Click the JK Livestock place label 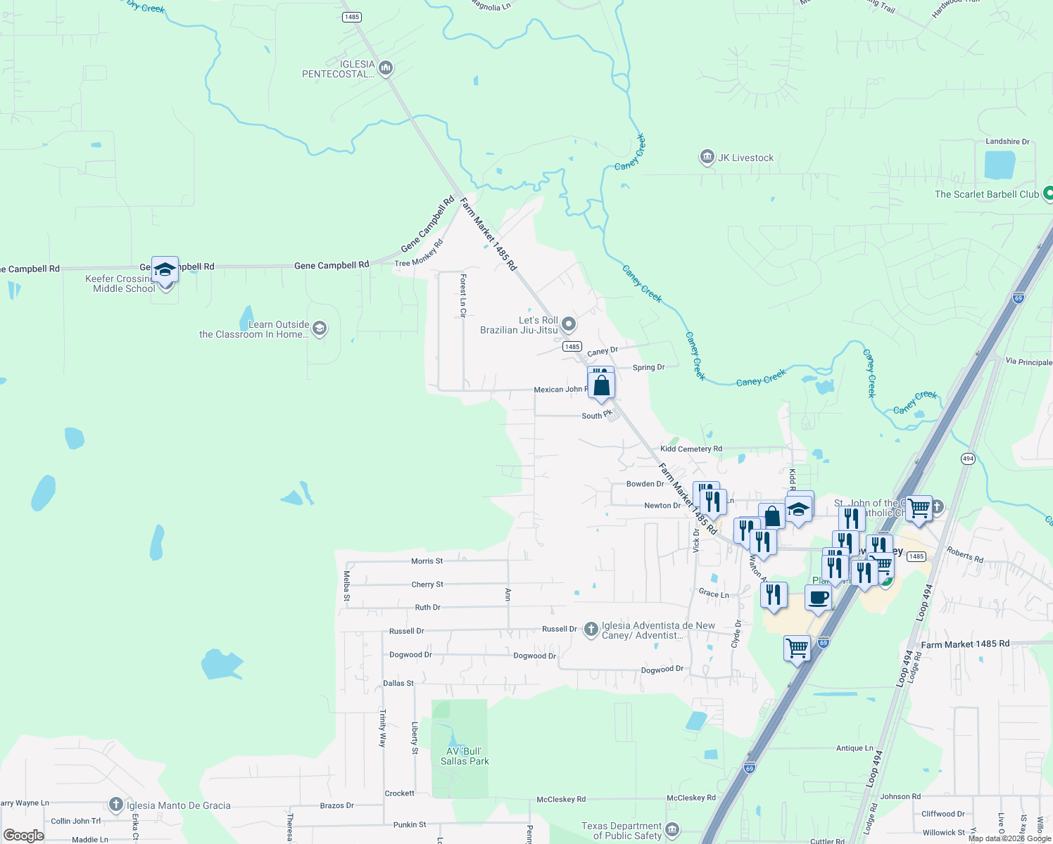(745, 158)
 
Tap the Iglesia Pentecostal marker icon (386, 68)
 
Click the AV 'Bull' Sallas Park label (465, 756)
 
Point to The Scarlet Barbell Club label (986, 194)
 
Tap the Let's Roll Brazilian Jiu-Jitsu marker (569, 324)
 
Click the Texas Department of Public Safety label (622, 831)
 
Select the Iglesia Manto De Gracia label (179, 805)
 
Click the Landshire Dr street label (1007, 141)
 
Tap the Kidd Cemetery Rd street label (691, 449)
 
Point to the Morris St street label (427, 561)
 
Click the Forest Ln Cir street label (463, 295)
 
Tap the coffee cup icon (818, 598)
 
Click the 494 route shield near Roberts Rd (968, 459)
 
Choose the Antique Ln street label (855, 748)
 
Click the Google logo (24, 836)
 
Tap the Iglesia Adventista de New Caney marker (591, 629)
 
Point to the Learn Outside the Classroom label (254, 329)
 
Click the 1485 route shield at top (351, 17)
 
